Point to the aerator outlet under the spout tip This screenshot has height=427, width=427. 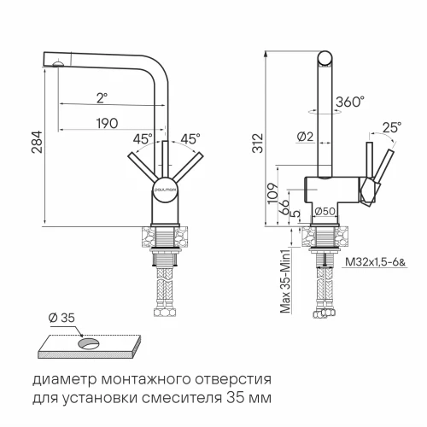tap(56, 63)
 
